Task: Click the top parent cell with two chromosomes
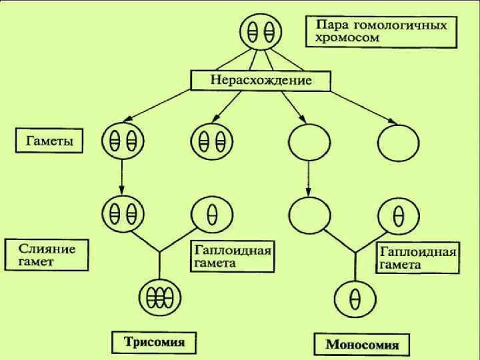click(x=261, y=31)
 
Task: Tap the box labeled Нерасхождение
click(x=261, y=81)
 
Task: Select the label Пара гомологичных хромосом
click(x=381, y=31)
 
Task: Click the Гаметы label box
click(x=49, y=141)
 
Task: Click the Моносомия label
click(x=361, y=345)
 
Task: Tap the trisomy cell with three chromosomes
click(x=159, y=295)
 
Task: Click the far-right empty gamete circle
click(x=398, y=141)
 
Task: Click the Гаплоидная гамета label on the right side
click(x=417, y=258)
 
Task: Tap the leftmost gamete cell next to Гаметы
click(x=123, y=141)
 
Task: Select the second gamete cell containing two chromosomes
click(x=212, y=141)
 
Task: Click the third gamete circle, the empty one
click(x=308, y=141)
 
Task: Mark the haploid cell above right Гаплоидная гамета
click(x=398, y=215)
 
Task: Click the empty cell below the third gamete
click(x=308, y=215)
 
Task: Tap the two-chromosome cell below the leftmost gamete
click(x=123, y=213)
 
